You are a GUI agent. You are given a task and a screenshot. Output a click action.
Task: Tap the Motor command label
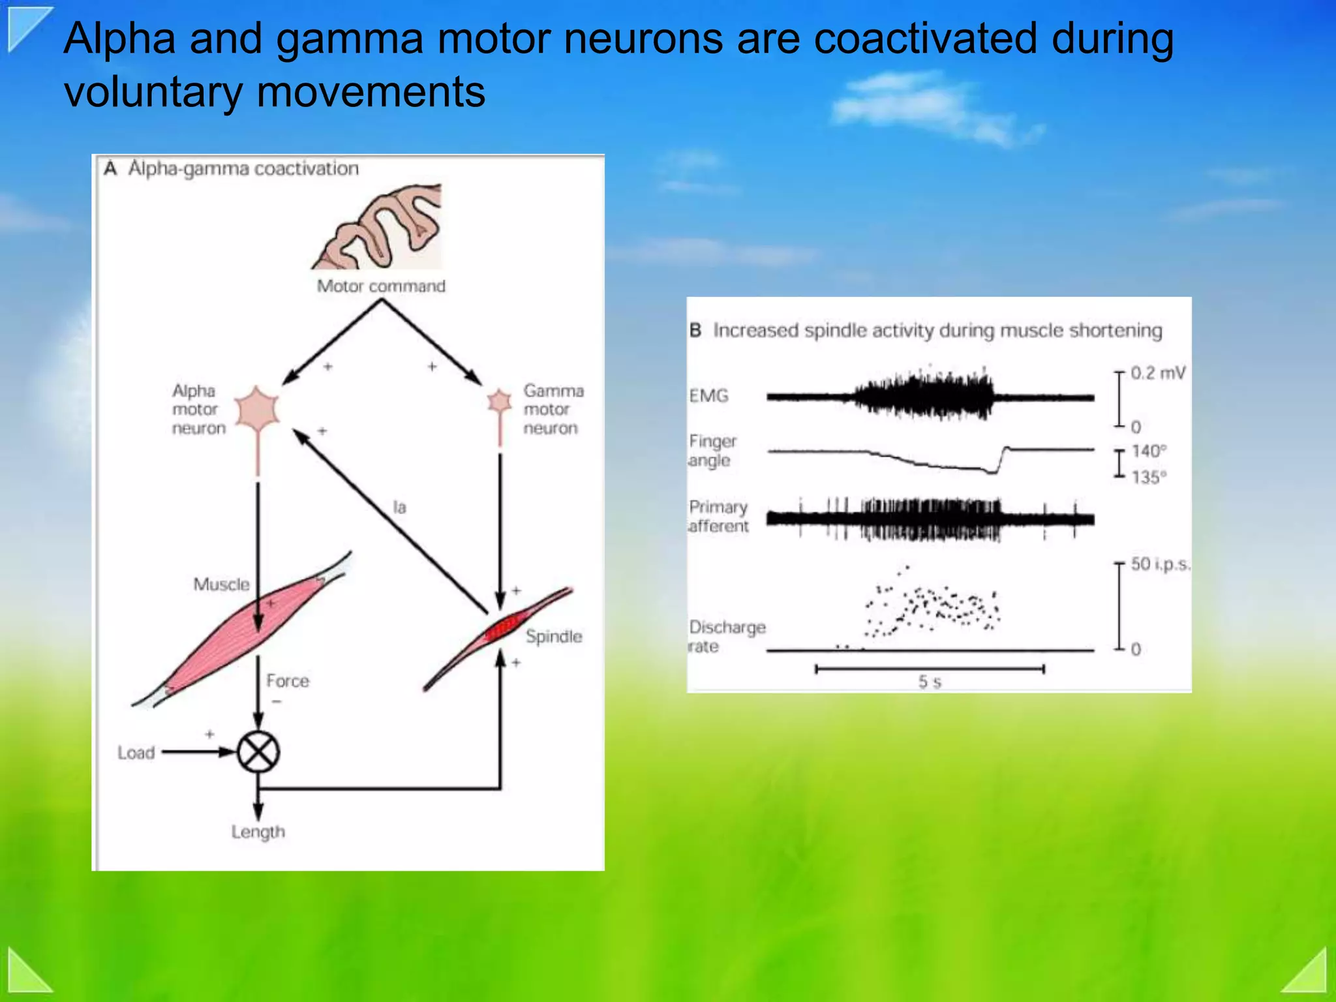381,286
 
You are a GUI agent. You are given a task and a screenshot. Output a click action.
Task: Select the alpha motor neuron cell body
258,410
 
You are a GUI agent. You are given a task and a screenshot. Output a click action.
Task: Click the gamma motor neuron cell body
500,401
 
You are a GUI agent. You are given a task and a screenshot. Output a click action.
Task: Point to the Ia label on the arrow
399,507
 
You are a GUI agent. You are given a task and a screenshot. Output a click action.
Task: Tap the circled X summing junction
258,752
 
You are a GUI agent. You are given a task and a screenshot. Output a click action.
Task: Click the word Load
136,752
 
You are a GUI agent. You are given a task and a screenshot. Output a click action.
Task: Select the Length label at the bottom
258,832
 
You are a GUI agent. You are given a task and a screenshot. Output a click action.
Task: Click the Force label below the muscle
288,680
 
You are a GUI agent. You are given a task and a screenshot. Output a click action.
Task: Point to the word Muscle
221,584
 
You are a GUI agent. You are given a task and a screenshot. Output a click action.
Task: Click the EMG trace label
709,395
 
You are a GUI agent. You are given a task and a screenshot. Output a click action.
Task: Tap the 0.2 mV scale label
1158,373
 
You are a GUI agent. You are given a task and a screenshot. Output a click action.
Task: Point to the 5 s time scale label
930,682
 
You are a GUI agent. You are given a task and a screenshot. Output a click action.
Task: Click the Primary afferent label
718,516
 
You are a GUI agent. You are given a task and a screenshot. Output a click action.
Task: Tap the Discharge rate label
725,636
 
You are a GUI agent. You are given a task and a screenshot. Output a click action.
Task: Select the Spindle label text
554,636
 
